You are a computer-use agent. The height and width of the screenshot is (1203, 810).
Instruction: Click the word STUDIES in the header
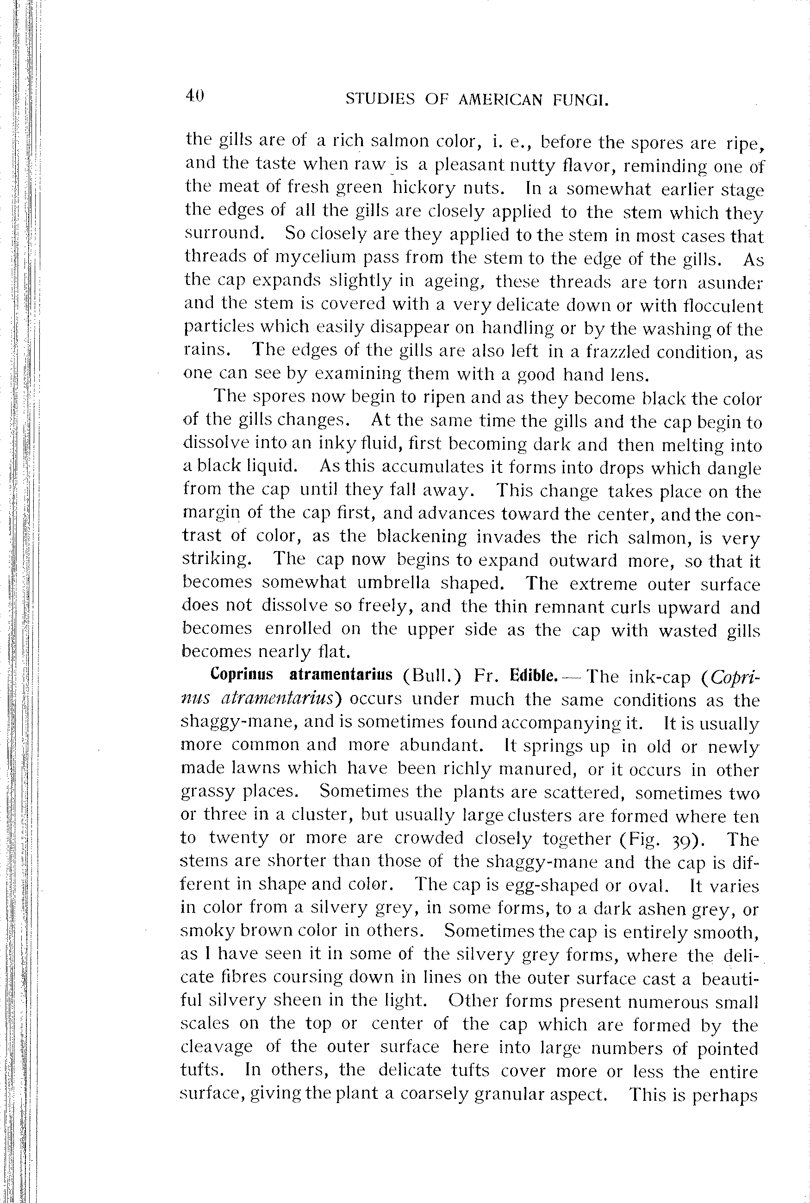380,99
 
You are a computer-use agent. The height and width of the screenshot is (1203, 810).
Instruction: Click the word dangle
734,468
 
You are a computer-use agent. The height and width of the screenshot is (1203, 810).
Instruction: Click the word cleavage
217,1047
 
